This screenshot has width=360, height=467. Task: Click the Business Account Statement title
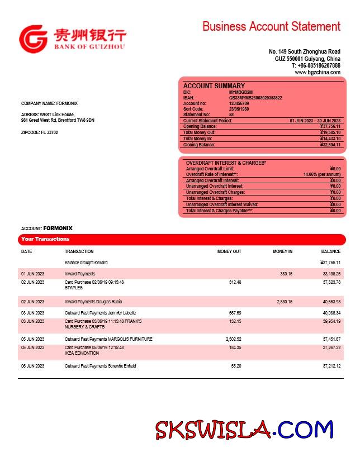[x=271, y=26]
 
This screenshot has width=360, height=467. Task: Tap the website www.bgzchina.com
[x=318, y=73]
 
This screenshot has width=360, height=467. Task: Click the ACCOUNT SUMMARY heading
[x=214, y=86]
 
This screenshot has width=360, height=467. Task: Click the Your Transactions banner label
[x=45, y=239]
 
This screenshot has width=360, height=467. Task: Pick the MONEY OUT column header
[x=229, y=252]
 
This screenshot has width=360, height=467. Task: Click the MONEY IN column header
[x=282, y=252]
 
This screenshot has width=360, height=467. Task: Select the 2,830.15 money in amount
[x=285, y=302]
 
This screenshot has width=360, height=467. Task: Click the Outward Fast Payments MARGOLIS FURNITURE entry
[x=108, y=339]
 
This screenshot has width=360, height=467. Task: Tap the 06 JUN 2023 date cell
[x=32, y=366]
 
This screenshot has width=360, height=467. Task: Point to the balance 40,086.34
[x=331, y=313]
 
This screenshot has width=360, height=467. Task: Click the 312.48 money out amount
[x=235, y=282]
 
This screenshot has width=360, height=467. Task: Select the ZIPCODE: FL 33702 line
[x=39, y=132]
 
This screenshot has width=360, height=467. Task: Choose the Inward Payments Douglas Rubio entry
[x=93, y=302]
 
